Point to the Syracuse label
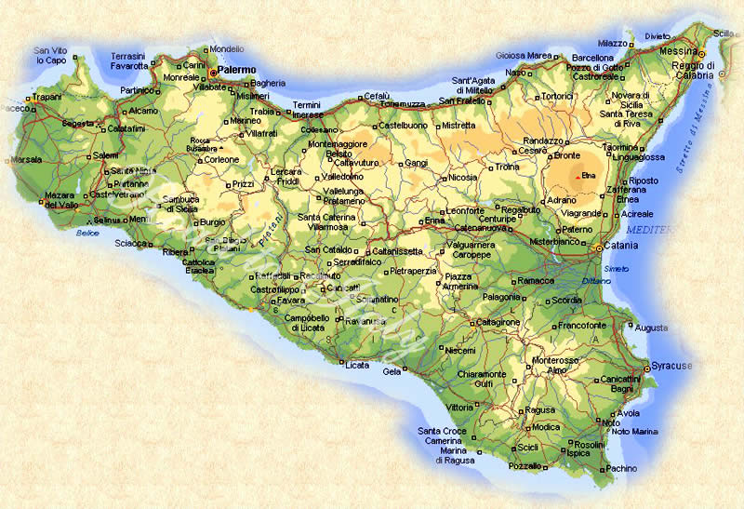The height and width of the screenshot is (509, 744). pos(672,366)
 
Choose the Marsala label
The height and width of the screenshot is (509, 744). pos(25,159)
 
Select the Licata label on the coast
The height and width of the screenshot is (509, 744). pos(357,365)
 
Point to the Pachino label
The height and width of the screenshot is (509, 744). pos(621,469)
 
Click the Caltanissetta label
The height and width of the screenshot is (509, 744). pos(397,251)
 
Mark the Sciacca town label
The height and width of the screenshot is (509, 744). pos(131,243)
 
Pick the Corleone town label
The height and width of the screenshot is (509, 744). pos(222,159)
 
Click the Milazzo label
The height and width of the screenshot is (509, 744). pos(613,43)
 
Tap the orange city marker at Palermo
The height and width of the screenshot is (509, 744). pos(212,71)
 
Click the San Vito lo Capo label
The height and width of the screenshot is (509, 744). pos(51,55)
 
